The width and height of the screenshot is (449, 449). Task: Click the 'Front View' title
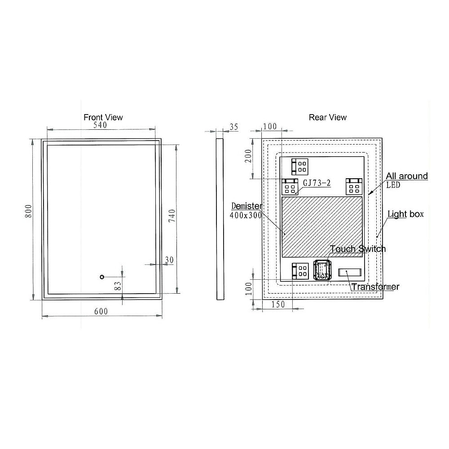(x=103, y=117)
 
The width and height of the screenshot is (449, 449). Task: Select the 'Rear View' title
(x=328, y=117)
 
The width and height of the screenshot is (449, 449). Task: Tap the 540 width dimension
(x=100, y=125)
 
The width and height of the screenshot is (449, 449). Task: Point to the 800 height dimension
(x=29, y=211)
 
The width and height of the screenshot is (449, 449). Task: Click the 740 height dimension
(x=172, y=216)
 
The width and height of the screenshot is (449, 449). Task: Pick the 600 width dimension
(x=101, y=311)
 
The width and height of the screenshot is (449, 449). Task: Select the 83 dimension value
(x=118, y=286)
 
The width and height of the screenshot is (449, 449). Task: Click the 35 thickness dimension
(x=234, y=127)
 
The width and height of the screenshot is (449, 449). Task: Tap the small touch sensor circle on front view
(x=101, y=277)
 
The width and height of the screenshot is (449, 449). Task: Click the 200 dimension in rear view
(x=248, y=156)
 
